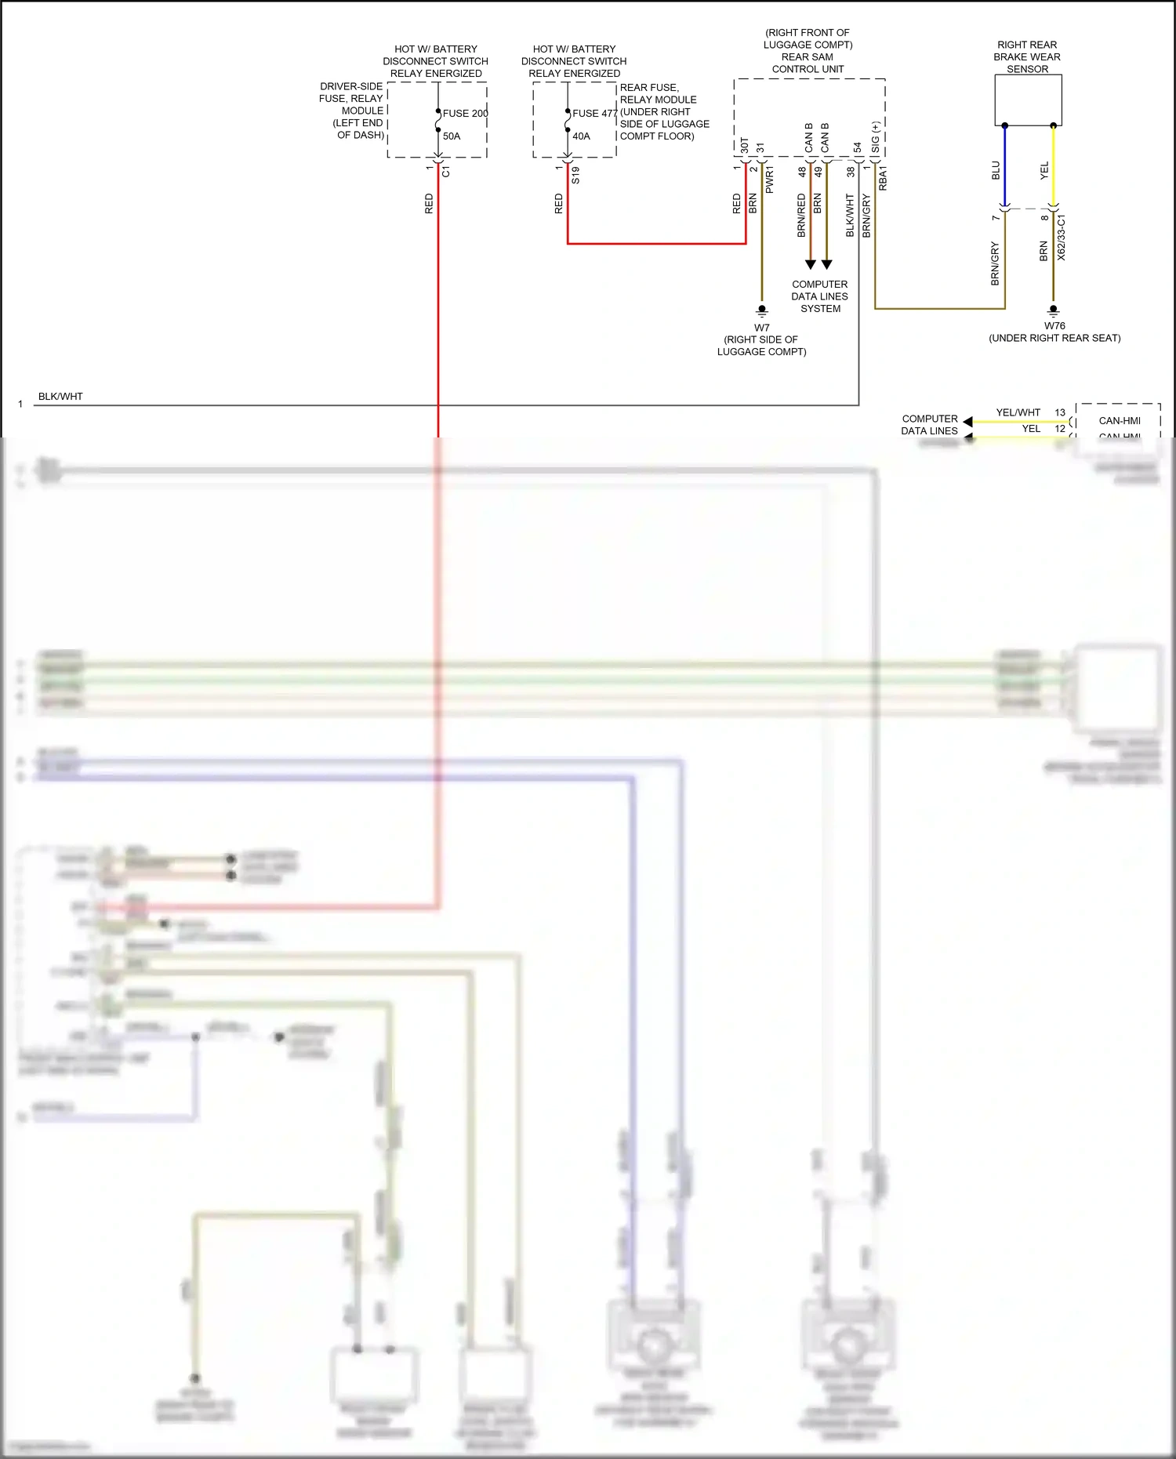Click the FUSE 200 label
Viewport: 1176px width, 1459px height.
464,113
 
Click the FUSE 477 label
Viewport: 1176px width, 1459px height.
594,113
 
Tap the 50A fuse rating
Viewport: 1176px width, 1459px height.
452,136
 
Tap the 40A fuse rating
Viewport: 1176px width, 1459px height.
581,136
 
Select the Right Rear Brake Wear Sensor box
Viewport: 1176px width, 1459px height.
1028,100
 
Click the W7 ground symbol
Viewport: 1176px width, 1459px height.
761,310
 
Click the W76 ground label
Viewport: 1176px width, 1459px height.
1054,325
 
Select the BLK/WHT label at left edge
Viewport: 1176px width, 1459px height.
60,396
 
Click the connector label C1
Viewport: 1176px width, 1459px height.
445,171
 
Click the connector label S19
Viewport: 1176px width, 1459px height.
575,175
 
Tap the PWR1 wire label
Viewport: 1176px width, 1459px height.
769,180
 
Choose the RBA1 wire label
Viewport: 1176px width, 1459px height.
883,178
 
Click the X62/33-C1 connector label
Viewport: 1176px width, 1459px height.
1061,238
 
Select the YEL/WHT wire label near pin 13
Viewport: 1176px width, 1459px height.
1018,412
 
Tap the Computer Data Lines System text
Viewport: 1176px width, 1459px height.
819,296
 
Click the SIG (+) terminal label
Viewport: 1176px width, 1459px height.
875,137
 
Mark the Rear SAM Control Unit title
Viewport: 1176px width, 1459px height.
808,63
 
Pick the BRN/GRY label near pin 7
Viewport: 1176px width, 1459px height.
995,263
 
